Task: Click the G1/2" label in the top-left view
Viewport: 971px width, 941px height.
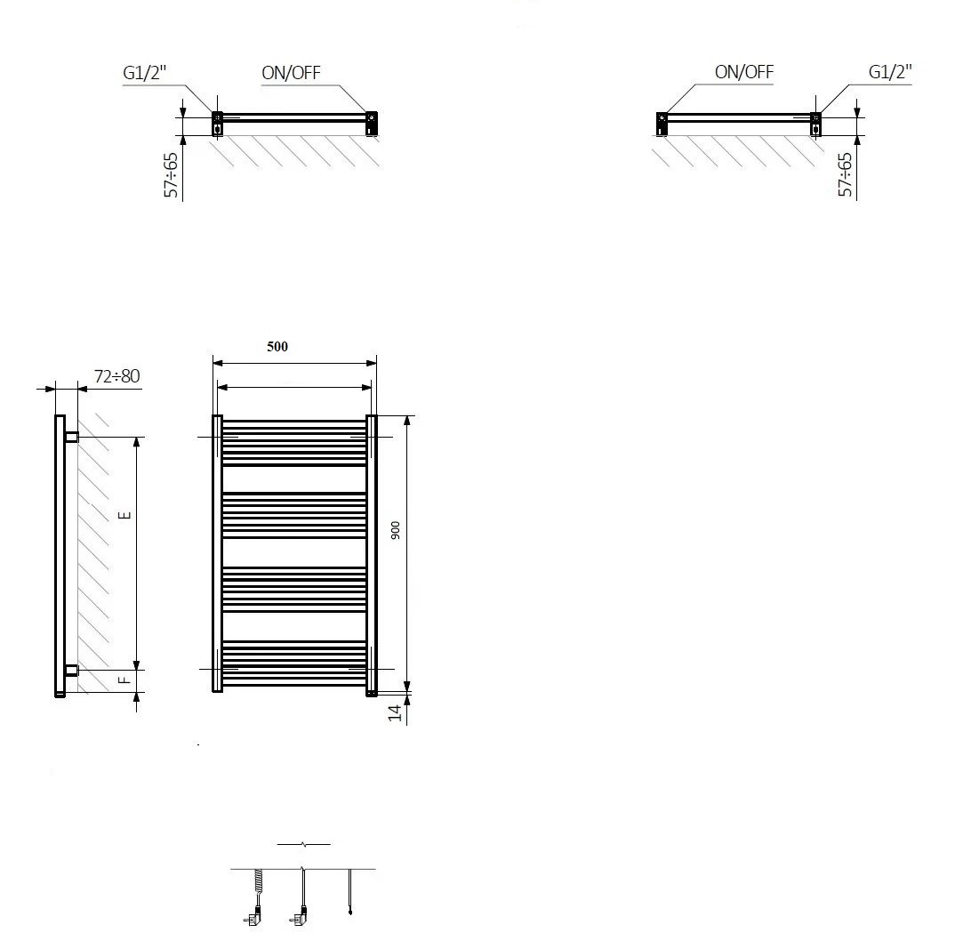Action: tap(145, 73)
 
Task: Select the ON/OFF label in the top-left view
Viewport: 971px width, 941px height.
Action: tap(291, 73)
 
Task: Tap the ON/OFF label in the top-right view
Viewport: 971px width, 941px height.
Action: tap(744, 72)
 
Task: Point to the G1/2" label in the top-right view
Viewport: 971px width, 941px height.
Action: tap(890, 72)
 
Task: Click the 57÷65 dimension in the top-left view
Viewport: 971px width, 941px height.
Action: tap(171, 175)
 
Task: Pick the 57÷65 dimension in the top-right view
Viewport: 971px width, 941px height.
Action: tap(846, 175)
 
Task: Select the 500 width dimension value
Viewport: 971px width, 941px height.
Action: tap(277, 346)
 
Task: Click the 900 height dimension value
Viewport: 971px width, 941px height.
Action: tap(396, 530)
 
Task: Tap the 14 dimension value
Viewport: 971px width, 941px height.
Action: tap(395, 713)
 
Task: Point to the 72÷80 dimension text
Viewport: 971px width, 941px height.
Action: tap(117, 376)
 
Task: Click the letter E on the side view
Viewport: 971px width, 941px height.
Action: tap(125, 515)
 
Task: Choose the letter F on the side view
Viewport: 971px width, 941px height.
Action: tap(125, 680)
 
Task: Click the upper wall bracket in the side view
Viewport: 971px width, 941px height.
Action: tap(72, 437)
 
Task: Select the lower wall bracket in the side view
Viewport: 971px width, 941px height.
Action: tap(72, 670)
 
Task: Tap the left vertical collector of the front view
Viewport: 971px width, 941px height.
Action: tap(217, 553)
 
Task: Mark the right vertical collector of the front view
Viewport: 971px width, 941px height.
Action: tap(372, 555)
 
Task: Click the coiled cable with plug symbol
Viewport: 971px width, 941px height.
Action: tap(255, 897)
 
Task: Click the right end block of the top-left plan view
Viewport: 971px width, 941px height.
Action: tap(372, 124)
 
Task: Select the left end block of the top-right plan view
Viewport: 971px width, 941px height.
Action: tap(662, 124)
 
